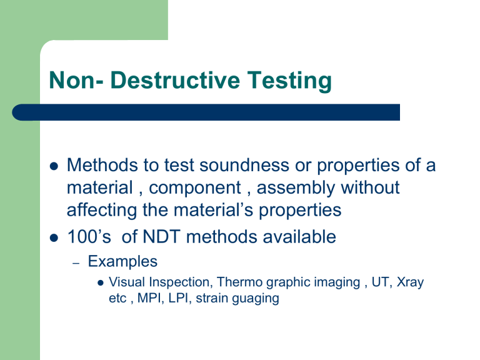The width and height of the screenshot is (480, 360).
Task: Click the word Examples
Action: pos(122,261)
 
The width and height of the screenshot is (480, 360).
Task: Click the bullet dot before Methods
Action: pos(53,167)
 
